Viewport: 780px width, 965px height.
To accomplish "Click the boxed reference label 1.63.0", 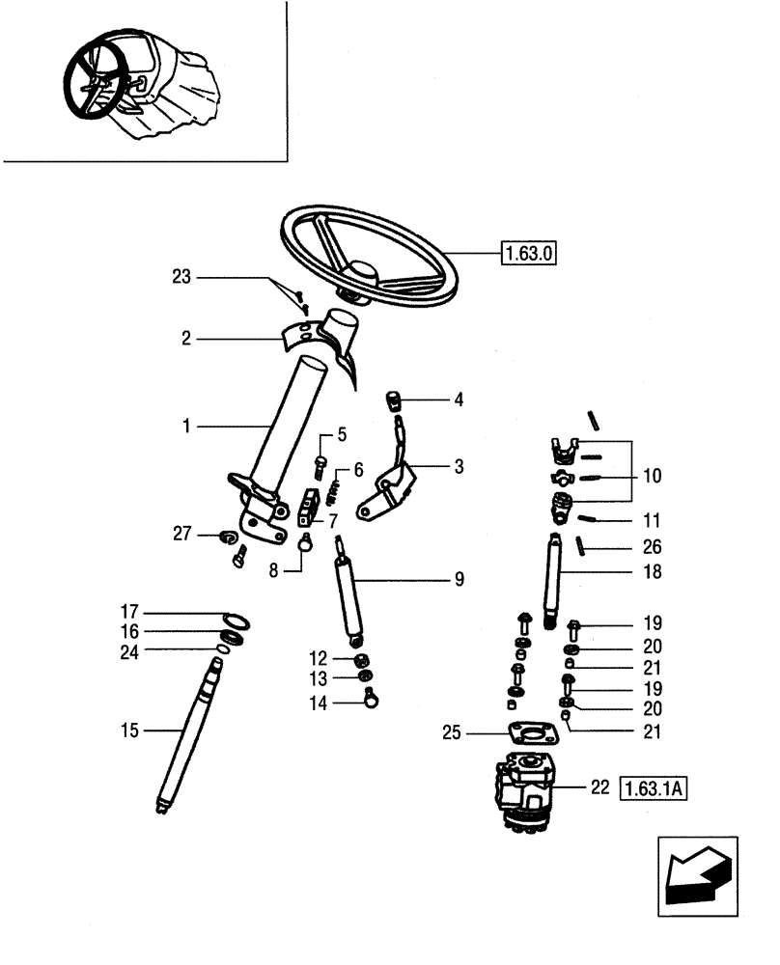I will coord(530,254).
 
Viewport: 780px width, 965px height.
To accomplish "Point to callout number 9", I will coord(460,579).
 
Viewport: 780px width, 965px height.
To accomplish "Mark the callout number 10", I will coord(652,476).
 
